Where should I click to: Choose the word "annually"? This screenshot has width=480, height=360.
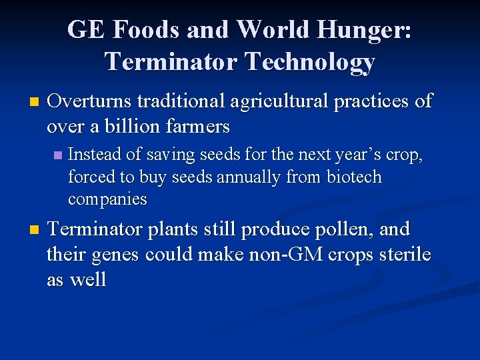(250, 177)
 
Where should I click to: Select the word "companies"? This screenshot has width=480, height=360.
(107, 199)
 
